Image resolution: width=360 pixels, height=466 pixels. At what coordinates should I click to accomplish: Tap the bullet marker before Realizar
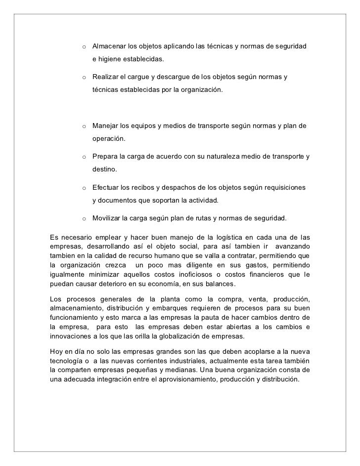point(85,78)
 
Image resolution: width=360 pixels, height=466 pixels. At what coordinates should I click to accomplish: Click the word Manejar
point(106,126)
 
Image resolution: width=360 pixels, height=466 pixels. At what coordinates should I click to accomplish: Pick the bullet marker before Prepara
point(85,157)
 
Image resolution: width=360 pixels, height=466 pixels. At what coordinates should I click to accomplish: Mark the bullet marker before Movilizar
point(85,218)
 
